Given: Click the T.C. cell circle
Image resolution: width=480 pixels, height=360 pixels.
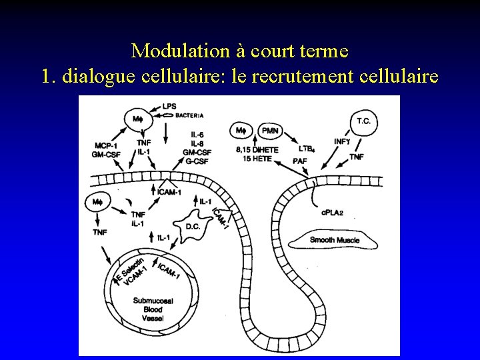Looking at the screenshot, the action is (364, 121).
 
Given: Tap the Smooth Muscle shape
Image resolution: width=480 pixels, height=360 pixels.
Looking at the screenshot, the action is (335, 239).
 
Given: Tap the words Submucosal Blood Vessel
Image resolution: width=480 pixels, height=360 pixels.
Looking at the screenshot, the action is (153, 310).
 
